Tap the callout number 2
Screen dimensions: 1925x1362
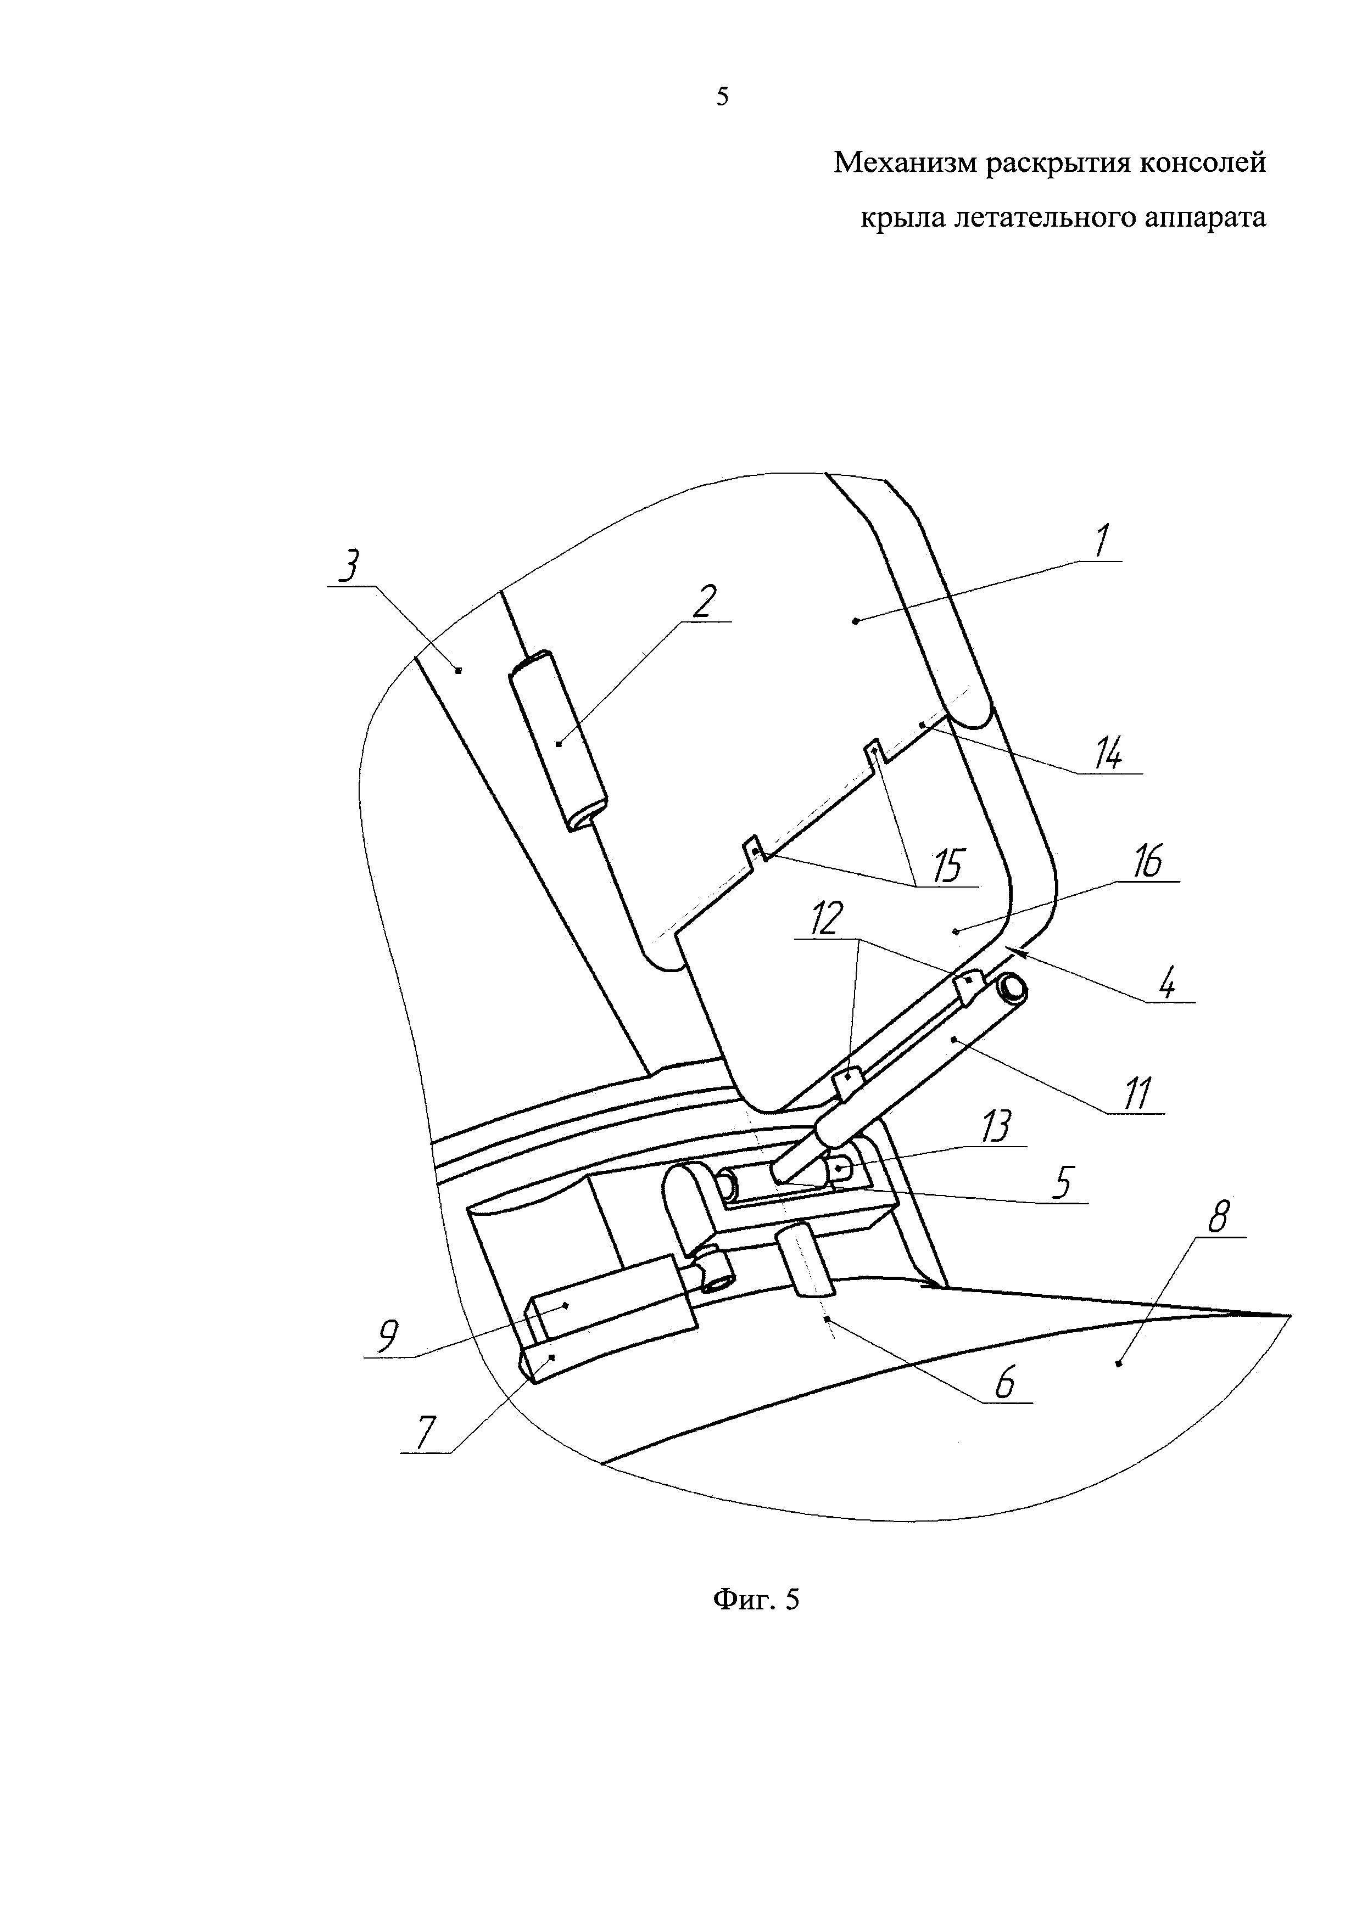[705, 602]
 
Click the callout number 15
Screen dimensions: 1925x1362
[948, 866]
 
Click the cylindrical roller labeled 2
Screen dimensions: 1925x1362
[560, 742]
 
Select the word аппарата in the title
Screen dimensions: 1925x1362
[1203, 217]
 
